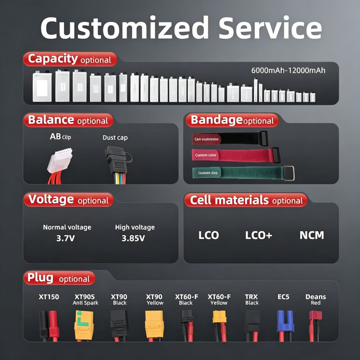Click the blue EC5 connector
tap(285, 321)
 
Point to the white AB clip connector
tap(60, 160)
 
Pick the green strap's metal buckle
tap(289, 173)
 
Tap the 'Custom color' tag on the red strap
tap(206, 155)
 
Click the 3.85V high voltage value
tap(133, 238)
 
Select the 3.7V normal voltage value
tap(65, 238)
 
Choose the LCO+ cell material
tap(258, 235)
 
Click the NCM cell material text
tap(311, 235)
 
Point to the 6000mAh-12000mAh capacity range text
tap(288, 70)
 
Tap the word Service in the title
tap(270, 28)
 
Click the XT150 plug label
tap(49, 297)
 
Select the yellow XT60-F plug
tap(220, 317)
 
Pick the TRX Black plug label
tap(252, 300)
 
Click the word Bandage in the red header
tap(216, 120)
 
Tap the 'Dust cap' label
tap(115, 138)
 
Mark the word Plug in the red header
tap(40, 278)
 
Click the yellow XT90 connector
tap(154, 324)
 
